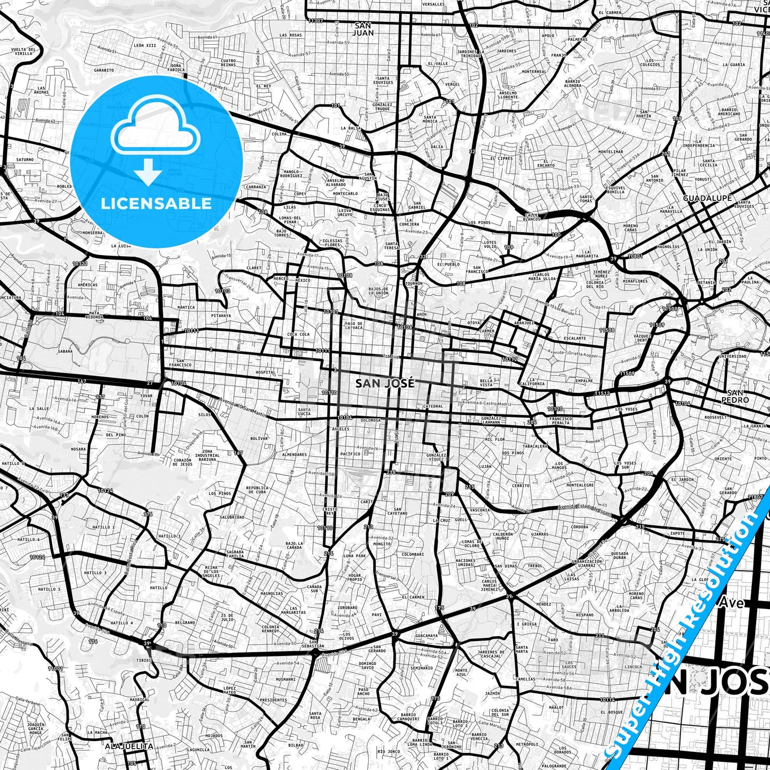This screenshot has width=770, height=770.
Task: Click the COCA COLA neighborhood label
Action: point(298,335)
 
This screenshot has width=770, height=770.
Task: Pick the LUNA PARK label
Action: point(355,556)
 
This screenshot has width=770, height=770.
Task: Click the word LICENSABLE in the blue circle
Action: point(156,203)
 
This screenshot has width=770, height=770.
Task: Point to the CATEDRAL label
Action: point(432,407)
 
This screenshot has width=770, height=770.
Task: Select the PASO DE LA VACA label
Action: point(353,326)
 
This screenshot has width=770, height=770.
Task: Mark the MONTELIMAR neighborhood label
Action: point(611,152)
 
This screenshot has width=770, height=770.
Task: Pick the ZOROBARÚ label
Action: point(347,607)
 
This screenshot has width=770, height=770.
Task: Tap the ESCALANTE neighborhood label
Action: point(574,338)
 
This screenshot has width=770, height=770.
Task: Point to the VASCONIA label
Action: point(480,510)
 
